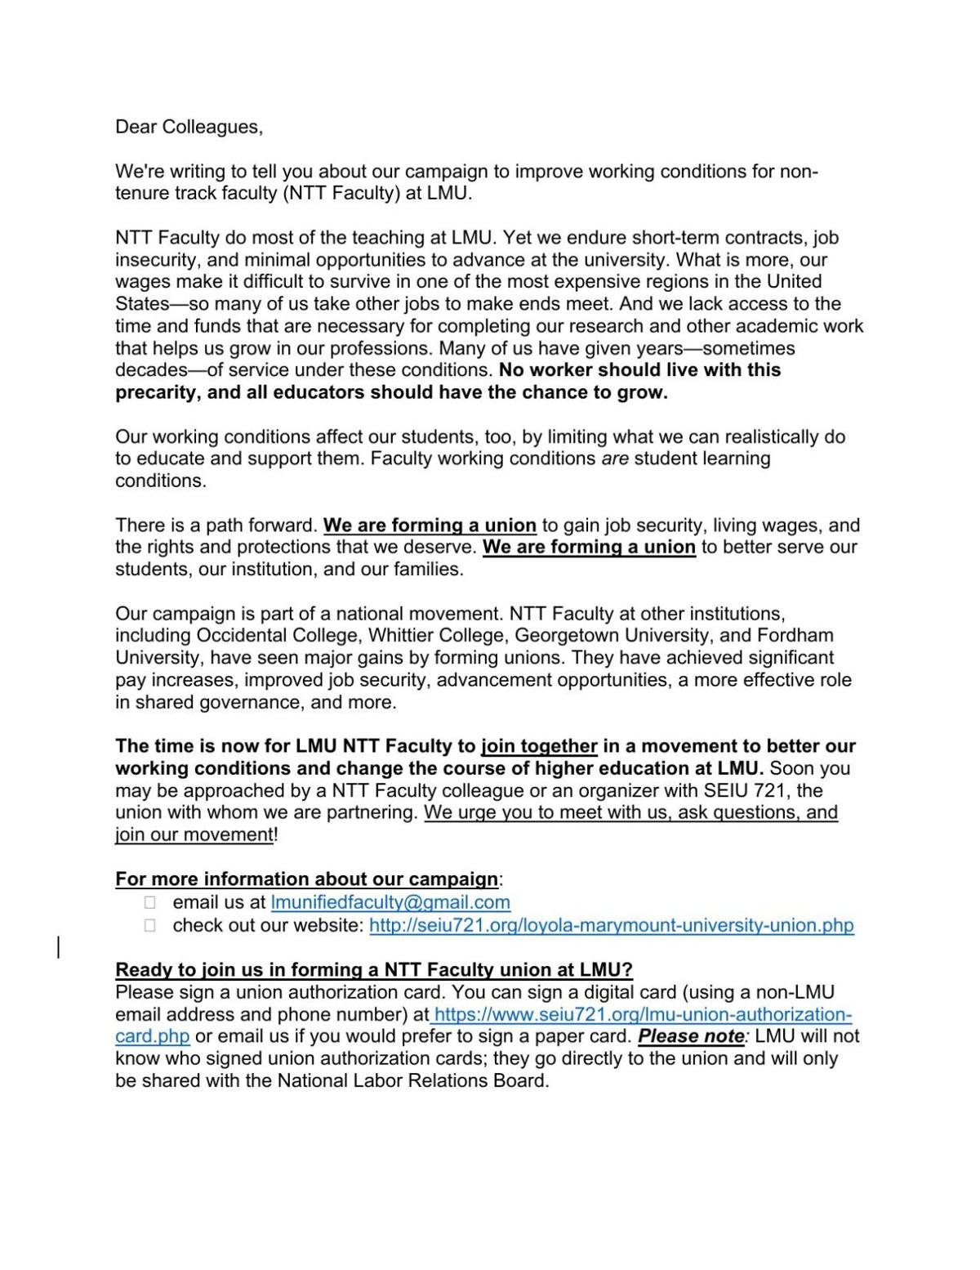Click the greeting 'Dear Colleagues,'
coord(189,127)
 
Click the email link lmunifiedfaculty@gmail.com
coord(390,902)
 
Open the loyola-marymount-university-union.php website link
coord(611,925)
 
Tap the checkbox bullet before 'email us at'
coord(149,902)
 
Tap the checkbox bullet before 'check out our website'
coord(149,925)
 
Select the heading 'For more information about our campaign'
coord(306,879)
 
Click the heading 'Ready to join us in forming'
coord(373,970)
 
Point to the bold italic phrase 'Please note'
coord(690,1036)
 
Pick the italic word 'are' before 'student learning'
coord(614,458)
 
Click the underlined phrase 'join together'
coord(539,746)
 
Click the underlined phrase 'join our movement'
coord(194,834)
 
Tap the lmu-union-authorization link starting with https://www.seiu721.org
coord(642,1014)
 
